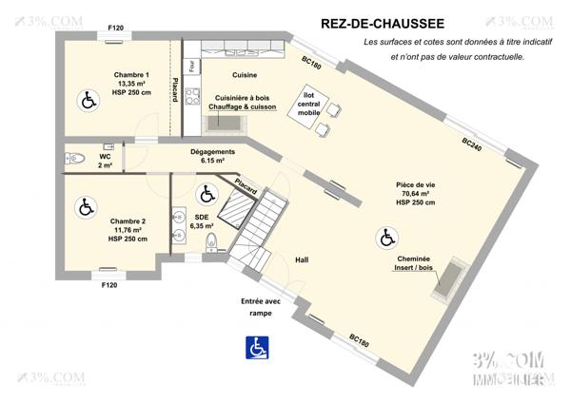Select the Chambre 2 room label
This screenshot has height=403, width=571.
click(128, 229)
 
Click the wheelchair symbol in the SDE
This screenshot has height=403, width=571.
click(207, 195)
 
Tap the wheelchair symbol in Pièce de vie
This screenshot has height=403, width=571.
click(387, 236)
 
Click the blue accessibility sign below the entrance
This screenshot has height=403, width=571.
click(257, 349)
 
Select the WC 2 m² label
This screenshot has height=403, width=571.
click(105, 161)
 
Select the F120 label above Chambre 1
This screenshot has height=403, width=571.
click(115, 29)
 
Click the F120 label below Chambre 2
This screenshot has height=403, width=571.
click(108, 285)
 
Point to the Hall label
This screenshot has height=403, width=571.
click(302, 259)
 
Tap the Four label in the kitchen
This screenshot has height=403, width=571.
click(192, 67)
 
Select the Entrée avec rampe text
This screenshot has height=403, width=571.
click(254, 307)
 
